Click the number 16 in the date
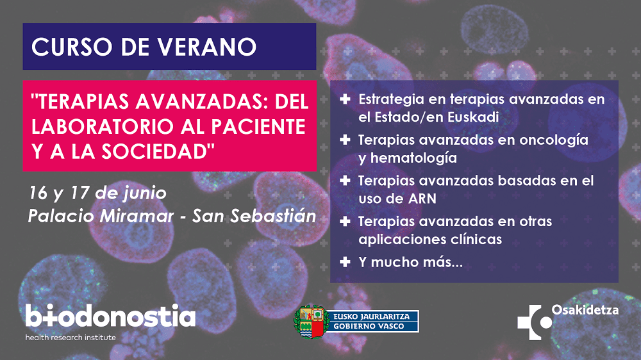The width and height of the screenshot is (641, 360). pyautogui.click(x=38, y=193)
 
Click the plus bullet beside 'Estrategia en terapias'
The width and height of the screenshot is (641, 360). pyautogui.click(x=345, y=99)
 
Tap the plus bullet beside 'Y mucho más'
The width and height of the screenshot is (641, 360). pyautogui.click(x=345, y=262)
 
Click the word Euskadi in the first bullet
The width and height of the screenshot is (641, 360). pyautogui.click(x=473, y=117)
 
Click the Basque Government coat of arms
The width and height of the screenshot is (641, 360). pyautogui.click(x=312, y=322)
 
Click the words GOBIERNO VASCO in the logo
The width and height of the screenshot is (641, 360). pyautogui.click(x=369, y=326)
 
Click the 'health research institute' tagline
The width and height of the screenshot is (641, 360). pyautogui.click(x=71, y=338)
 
